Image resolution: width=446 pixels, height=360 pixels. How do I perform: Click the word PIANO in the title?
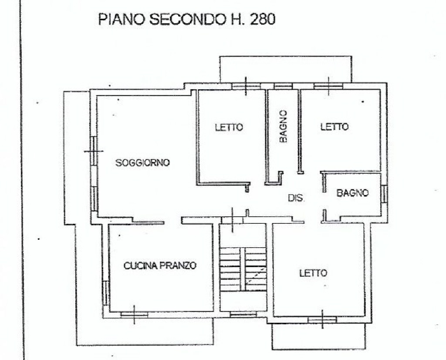pyautogui.click(x=122, y=20)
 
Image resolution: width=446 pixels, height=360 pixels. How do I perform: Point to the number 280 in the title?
pyautogui.click(x=263, y=20)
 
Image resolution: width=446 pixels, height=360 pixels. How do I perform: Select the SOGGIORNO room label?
pyautogui.click(x=142, y=163)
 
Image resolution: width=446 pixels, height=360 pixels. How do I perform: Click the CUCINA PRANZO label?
pyautogui.click(x=160, y=266)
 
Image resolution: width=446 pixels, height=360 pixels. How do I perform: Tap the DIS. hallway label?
pyautogui.click(x=296, y=198)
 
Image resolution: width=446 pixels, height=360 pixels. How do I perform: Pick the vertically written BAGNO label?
pyautogui.click(x=283, y=126)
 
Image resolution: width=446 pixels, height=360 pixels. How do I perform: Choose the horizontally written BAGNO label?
pyautogui.click(x=353, y=193)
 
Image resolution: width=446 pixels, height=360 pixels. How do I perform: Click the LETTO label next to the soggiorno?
pyautogui.click(x=229, y=127)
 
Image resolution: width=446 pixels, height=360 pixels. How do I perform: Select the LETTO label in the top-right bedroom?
pyautogui.click(x=334, y=127)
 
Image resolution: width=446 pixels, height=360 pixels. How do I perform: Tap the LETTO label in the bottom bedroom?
pyautogui.click(x=313, y=273)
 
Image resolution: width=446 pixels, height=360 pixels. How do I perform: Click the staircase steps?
pyautogui.click(x=244, y=269)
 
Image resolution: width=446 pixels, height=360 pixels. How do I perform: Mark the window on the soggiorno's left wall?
pyautogui.click(x=94, y=151)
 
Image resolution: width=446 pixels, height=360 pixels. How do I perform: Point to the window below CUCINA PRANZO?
pyautogui.click(x=134, y=314)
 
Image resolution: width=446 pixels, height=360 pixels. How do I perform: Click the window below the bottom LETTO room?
pyautogui.click(x=322, y=320)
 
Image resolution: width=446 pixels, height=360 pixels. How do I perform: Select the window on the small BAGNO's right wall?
pyautogui.click(x=384, y=194)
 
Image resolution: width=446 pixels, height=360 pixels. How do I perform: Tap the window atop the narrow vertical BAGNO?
pyautogui.click(x=283, y=86)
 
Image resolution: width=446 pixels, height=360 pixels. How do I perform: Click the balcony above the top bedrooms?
pyautogui.click(x=286, y=69)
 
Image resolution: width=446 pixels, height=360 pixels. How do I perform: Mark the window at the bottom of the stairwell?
pyautogui.click(x=243, y=314)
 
